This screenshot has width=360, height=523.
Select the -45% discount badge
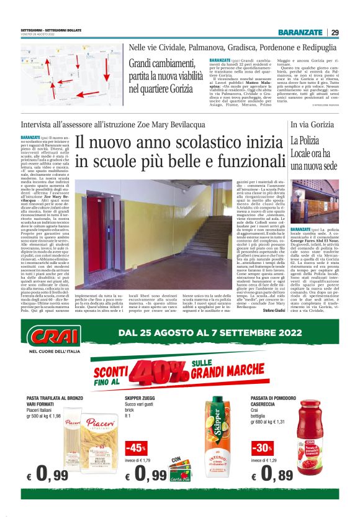pos(136,448)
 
